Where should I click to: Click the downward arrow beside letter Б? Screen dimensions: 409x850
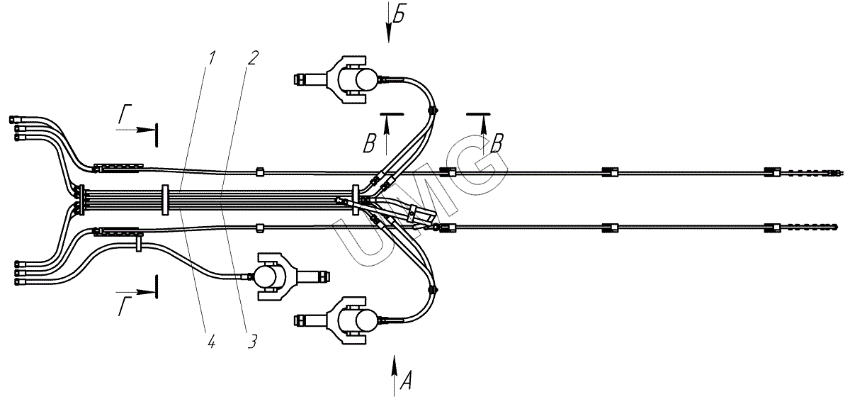[389, 28]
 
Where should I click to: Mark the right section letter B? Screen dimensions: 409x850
[497, 142]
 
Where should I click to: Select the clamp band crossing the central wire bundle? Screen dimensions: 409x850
[164, 200]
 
